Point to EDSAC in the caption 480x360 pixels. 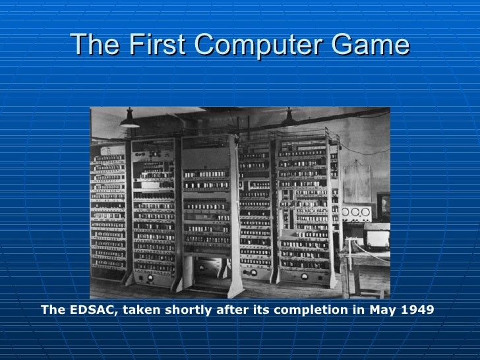click(x=91, y=309)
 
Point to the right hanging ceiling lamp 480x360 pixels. click(x=288, y=119)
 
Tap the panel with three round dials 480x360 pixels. click(x=357, y=212)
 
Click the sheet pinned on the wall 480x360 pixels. click(x=358, y=181)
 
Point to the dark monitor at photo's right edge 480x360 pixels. click(x=383, y=204)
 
